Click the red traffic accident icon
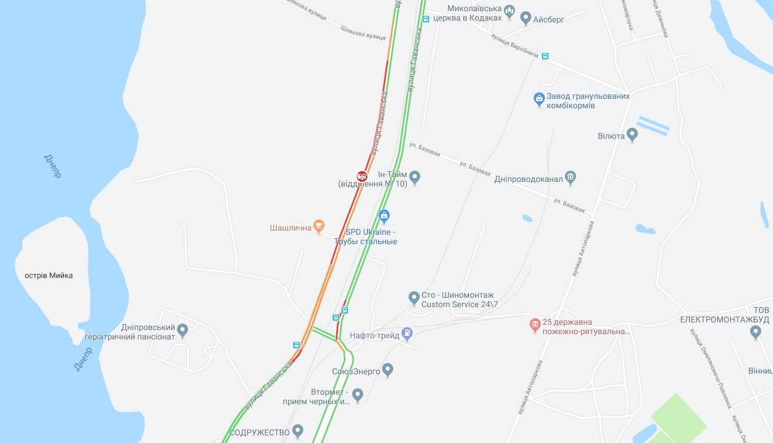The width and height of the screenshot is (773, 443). pyautogui.click(x=362, y=175)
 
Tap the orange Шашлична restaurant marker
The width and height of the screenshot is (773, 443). pyautogui.click(x=319, y=225)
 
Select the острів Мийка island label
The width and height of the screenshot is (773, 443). pyautogui.click(x=49, y=275)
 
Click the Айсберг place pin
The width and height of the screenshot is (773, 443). pyautogui.click(x=526, y=18)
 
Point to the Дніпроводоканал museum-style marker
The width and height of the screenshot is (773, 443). pyautogui.click(x=570, y=176)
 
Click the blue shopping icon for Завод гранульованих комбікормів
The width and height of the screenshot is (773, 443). pyautogui.click(x=538, y=99)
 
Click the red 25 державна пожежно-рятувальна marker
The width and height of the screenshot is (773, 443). pyautogui.click(x=534, y=324)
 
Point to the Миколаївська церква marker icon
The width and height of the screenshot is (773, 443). pyautogui.click(x=509, y=9)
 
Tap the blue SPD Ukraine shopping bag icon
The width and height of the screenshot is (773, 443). pyautogui.click(x=384, y=215)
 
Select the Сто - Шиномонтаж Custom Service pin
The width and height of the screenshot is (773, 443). pyautogui.click(x=414, y=298)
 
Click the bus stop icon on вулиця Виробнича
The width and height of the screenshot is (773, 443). pyautogui.click(x=545, y=56)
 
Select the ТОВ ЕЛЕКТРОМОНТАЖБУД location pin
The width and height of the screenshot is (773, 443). pyautogui.click(x=756, y=332)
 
